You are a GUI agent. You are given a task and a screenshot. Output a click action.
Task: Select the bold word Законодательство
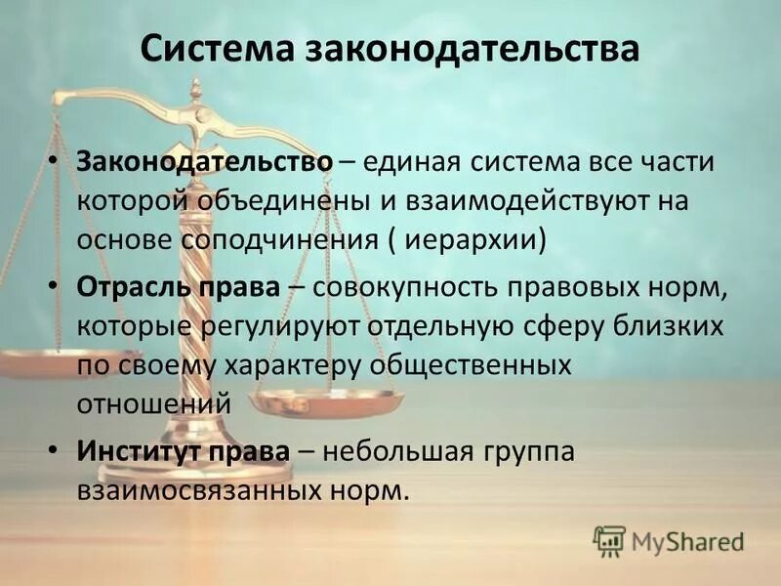(x=205, y=162)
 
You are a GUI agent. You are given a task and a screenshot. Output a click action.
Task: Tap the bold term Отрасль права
(x=179, y=288)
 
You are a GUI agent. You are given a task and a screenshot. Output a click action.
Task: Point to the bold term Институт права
(x=184, y=452)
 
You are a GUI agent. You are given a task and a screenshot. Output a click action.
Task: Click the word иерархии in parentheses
(x=478, y=239)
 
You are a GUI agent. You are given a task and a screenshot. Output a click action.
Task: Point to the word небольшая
(x=398, y=452)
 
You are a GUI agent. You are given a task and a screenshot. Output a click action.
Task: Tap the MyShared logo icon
(x=609, y=540)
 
